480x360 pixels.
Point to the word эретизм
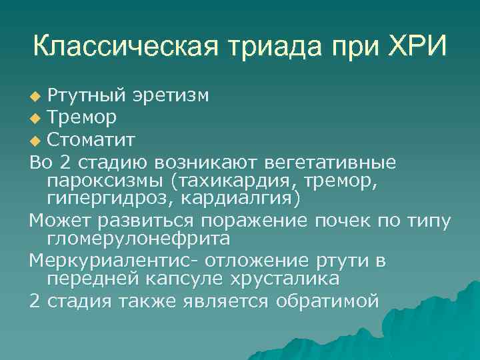coord(173,96)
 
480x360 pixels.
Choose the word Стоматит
coord(92,141)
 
